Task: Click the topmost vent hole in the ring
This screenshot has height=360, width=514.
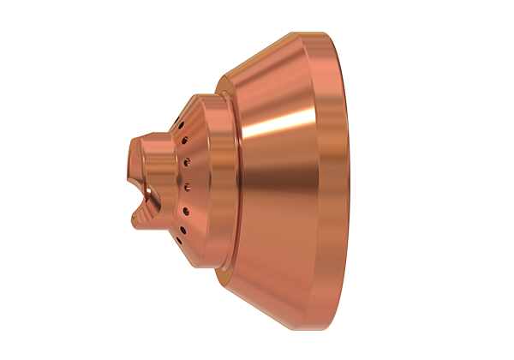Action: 182,126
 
